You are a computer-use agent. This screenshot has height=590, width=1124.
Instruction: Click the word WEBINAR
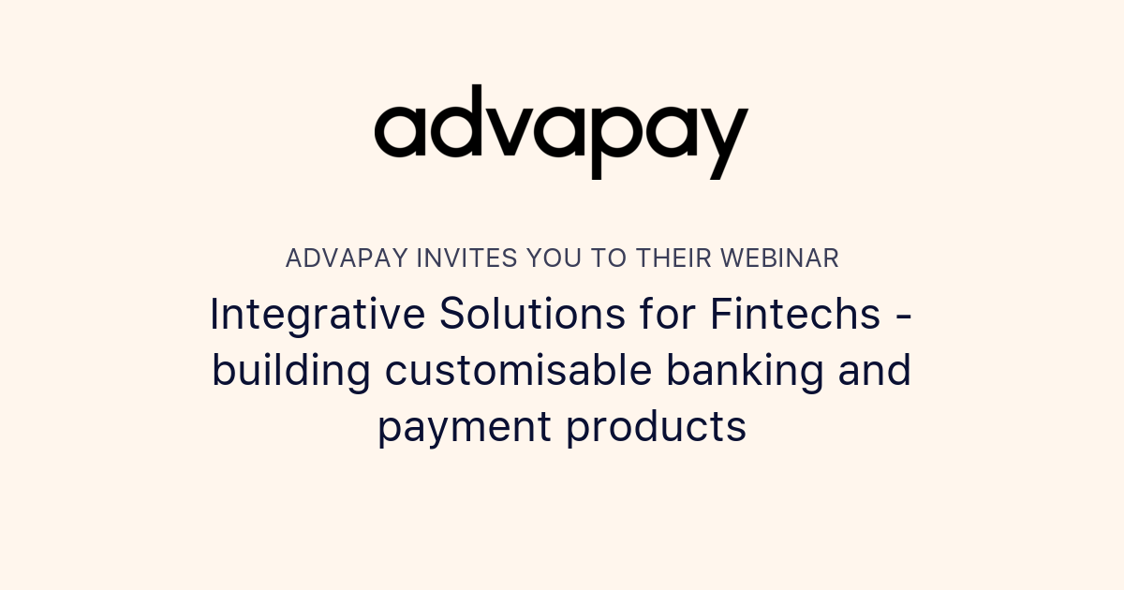[783, 258]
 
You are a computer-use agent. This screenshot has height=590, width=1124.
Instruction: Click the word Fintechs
[794, 315]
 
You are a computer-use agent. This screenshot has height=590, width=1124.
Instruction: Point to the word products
[656, 428]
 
